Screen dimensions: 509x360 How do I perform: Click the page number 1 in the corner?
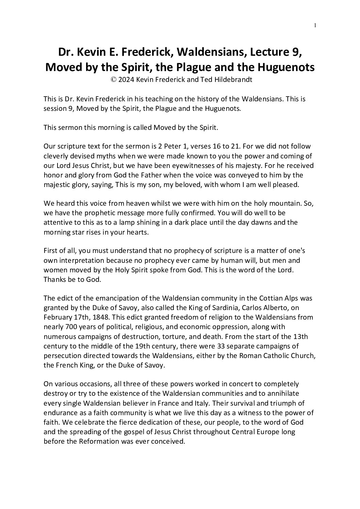click(315, 25)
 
